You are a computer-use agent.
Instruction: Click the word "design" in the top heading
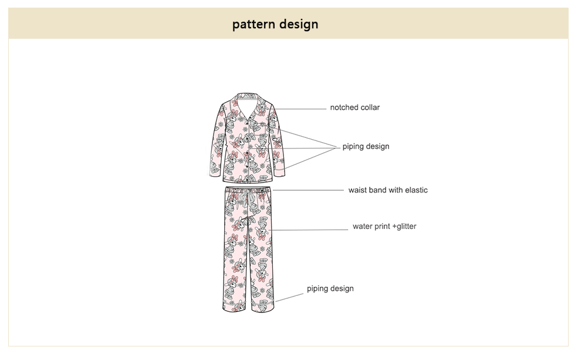pos(299,25)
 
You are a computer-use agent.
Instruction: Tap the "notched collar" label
pos(354,107)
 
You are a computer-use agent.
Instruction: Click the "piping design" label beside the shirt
pos(366,146)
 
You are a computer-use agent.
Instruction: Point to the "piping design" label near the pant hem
pos(330,288)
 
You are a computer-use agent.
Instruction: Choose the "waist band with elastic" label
pos(388,190)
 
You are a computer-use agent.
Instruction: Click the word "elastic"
pos(416,190)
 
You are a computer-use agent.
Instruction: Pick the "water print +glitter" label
pos(384,226)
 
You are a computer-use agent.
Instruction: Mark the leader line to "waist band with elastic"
pos(308,190)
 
